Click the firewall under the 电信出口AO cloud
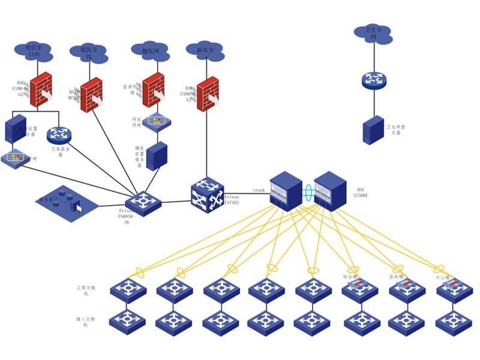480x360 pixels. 41,90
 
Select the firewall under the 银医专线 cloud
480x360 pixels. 91,95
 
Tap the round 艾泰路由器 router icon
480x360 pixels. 59,136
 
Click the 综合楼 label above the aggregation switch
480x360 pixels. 350,277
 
